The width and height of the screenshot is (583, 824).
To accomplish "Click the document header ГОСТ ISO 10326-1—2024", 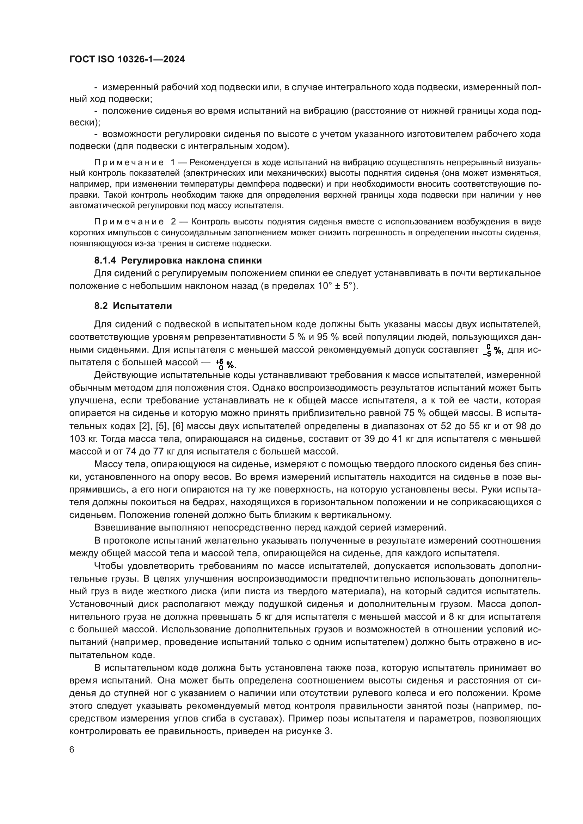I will (x=127, y=60).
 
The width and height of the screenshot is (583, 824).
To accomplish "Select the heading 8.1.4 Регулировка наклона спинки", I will (x=178, y=260).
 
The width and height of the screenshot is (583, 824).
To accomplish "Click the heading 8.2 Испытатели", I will (x=133, y=306).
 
